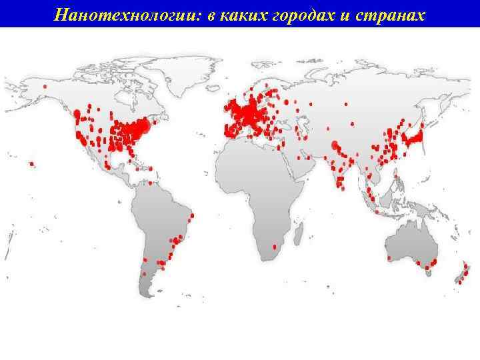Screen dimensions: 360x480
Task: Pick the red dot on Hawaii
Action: (31, 163)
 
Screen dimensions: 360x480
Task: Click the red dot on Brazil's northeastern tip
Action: (193, 215)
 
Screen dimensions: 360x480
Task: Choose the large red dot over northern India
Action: (334, 145)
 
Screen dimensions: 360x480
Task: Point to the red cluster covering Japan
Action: (413, 137)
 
